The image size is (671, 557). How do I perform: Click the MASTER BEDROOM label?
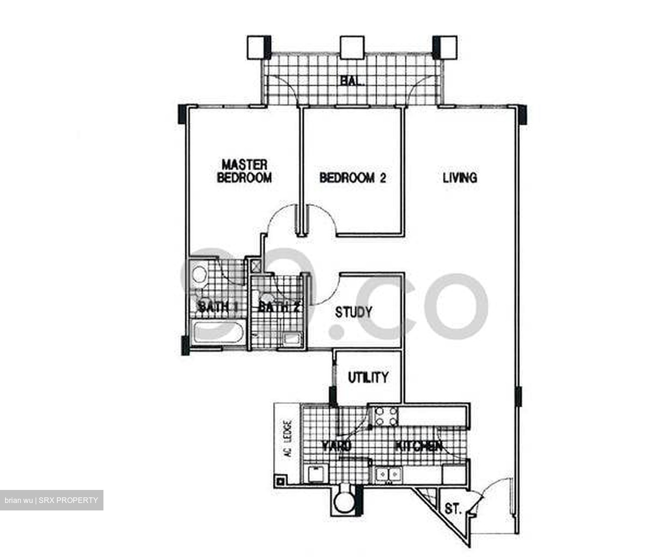pos(244,171)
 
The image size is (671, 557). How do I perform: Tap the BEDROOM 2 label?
pos(353,178)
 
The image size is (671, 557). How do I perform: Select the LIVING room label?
pos(459,177)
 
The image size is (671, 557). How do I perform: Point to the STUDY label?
pos(354,312)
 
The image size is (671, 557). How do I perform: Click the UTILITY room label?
pos(368,377)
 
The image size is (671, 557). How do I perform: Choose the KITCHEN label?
pos(418,446)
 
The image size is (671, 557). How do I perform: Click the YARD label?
pos(337,446)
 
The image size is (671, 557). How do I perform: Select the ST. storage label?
pos(452,509)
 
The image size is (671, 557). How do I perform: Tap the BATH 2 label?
pos(278,307)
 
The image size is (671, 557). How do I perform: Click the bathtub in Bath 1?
pos(219,333)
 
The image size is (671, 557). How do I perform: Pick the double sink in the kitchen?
pos(389,475)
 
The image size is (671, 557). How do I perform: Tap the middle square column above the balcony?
pos(352,47)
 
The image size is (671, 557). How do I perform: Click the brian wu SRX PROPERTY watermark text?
pos(51,500)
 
